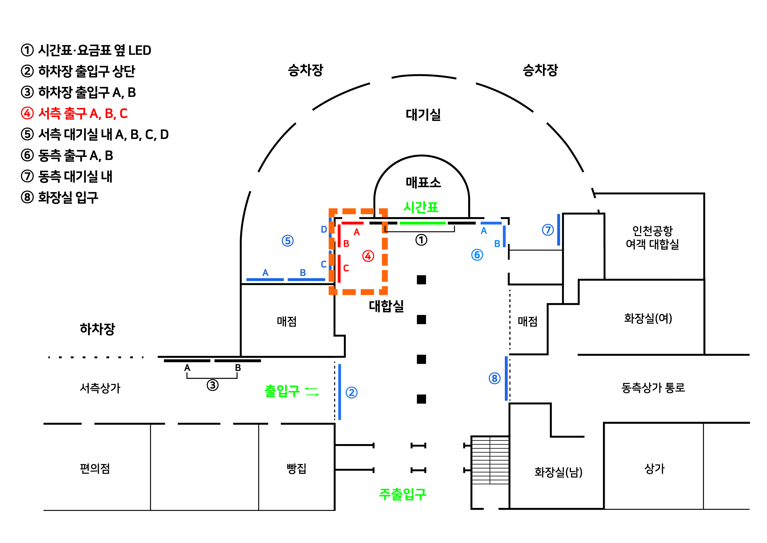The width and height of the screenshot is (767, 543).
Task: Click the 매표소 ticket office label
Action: tap(423, 183)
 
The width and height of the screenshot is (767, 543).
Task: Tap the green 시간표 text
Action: tap(421, 207)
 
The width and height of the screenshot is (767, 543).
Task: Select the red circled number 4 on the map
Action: tap(368, 256)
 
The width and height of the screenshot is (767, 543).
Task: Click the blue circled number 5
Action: tap(288, 241)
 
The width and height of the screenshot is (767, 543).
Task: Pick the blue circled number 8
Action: tap(494, 378)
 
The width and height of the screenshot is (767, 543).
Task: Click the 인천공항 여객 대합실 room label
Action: tap(652, 237)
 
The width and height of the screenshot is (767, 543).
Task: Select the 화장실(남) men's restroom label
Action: tap(558, 472)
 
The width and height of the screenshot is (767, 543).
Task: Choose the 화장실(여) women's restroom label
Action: tap(648, 318)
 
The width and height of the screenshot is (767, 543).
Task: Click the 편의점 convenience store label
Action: tap(95, 468)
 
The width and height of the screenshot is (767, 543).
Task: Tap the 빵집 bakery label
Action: tap(296, 468)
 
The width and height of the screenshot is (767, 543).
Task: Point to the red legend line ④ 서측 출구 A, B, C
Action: tap(74, 113)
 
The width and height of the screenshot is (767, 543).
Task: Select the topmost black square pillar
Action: tap(421, 279)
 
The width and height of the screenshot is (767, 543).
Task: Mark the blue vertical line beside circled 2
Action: tap(340, 392)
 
